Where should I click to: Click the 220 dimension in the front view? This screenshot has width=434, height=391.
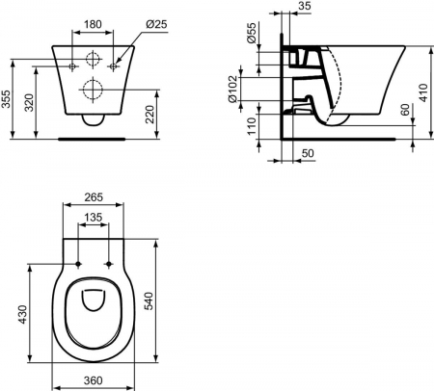[x=150, y=116]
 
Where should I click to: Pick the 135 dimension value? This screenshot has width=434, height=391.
[x=94, y=218]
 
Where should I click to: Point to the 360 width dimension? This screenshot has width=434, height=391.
[x=94, y=382]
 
